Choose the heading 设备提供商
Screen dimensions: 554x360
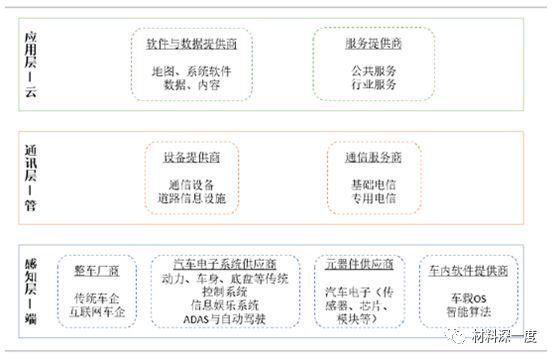192,158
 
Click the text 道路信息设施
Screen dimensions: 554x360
192,199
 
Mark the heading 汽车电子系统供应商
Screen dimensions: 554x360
232,262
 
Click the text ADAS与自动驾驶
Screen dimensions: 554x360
232,317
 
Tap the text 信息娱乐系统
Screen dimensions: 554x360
232,303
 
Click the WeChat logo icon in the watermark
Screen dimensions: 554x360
459,339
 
